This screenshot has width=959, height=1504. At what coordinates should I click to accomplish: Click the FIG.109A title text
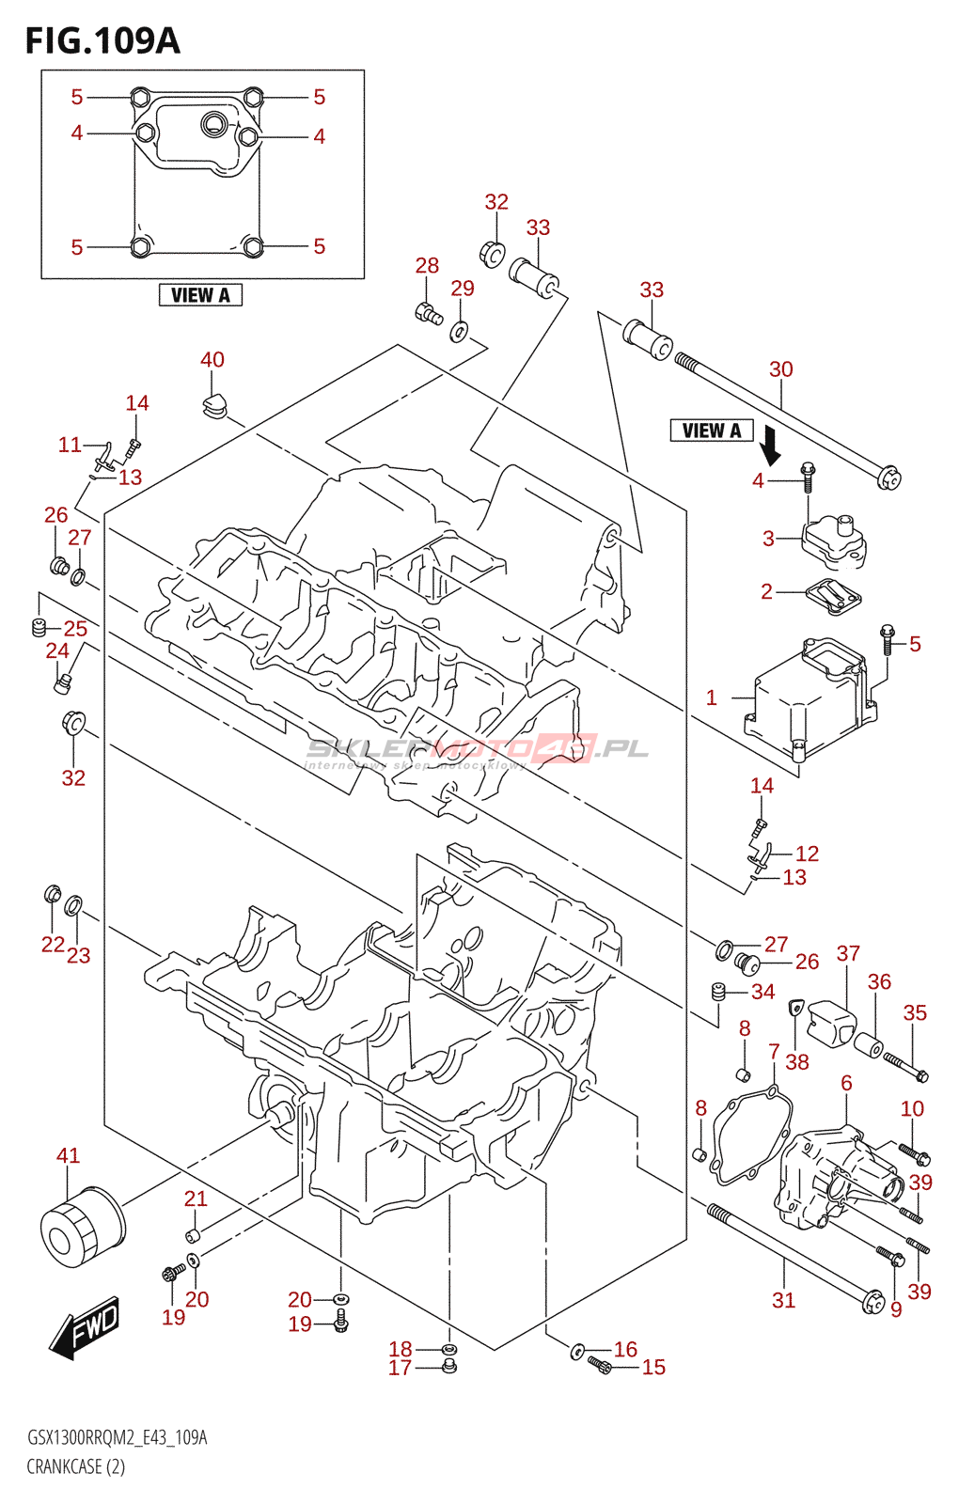102,40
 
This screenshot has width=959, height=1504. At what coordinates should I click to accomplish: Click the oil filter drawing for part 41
82,1229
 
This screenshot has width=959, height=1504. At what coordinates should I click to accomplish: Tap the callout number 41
68,1155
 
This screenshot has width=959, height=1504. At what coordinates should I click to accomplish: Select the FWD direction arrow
86,1326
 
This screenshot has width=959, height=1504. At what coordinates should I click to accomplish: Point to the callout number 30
780,369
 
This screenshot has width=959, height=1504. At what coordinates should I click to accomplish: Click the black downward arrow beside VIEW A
770,446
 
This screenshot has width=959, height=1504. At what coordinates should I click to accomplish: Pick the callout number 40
212,360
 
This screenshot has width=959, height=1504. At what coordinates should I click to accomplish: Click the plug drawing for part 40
213,405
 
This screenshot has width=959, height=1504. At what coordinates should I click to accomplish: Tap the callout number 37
848,953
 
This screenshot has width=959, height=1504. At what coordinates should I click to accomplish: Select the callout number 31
783,1300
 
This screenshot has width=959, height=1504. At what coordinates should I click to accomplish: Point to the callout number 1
712,697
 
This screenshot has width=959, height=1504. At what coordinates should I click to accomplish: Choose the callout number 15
653,1368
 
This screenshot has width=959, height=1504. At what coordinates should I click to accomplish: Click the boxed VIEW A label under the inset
200,295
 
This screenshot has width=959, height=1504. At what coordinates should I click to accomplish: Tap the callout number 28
427,266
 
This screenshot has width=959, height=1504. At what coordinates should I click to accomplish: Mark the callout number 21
196,1198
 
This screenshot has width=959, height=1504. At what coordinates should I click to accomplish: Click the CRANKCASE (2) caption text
75,1466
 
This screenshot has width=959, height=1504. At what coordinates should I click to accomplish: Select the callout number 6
846,1083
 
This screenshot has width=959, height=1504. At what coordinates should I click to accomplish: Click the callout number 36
879,982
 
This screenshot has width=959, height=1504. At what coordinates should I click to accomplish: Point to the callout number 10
912,1109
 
